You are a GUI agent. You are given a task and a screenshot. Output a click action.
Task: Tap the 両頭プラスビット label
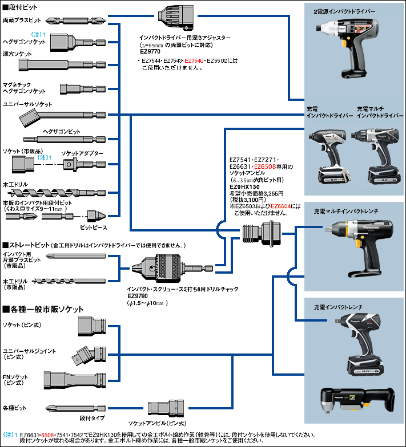pyautogui.click(x=19, y=19)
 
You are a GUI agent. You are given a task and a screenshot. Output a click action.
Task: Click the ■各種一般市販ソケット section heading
pyautogui.click(x=43, y=310)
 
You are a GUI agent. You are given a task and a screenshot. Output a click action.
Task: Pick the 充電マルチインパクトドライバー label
pyautogui.click(x=379, y=111)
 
